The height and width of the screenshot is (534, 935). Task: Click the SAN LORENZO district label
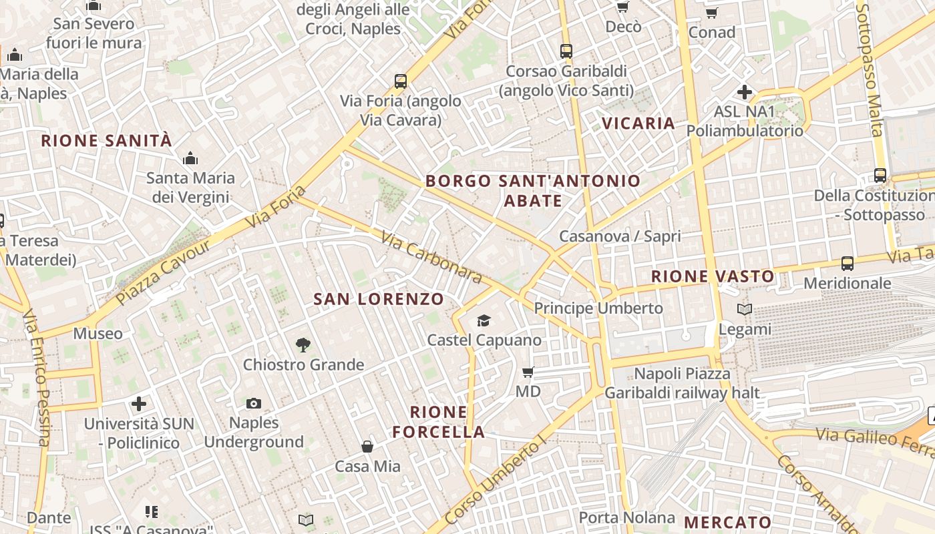[379, 299]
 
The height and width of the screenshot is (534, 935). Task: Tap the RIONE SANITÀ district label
[107, 141]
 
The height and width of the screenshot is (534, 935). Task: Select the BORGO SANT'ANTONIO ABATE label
[533, 190]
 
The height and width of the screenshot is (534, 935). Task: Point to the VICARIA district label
[638, 123]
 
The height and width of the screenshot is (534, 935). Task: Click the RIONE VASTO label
[713, 276]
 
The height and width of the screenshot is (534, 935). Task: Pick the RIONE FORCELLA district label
[439, 422]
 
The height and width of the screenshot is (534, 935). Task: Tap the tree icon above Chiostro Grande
[303, 345]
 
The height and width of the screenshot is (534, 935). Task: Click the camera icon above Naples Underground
[254, 403]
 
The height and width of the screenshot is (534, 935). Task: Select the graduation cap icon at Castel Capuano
[484, 321]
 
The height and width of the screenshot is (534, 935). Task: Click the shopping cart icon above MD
[528, 372]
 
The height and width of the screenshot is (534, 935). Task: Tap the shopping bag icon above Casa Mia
[367, 447]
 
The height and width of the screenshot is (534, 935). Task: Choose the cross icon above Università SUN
[139, 404]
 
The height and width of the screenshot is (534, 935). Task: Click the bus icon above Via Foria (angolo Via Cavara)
[401, 81]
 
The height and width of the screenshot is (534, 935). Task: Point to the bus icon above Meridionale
[848, 264]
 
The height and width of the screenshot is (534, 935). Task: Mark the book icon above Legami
[745, 309]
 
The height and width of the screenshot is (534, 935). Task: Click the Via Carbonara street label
[431, 258]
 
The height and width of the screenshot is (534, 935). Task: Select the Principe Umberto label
[598, 308]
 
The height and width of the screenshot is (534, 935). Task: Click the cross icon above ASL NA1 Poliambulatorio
[745, 92]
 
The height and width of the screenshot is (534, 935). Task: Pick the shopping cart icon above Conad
[712, 13]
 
